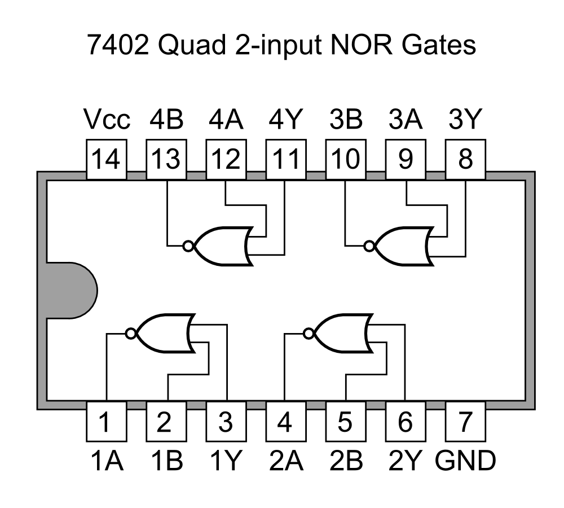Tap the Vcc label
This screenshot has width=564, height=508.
coord(107,120)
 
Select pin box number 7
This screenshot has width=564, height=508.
coord(466,422)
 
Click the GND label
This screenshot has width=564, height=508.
coord(466,461)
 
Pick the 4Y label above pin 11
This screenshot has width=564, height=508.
coord(286,120)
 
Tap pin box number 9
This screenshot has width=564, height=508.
coord(406,160)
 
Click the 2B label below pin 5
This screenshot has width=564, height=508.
coord(345,461)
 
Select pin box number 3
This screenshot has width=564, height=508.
coord(225,422)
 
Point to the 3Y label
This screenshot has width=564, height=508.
coord(466,120)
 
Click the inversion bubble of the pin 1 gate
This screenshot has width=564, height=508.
coord(131,334)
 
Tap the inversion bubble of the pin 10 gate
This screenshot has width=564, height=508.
coord(369,246)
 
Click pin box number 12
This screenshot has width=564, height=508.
coord(225,160)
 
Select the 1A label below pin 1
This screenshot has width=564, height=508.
coord(106,461)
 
